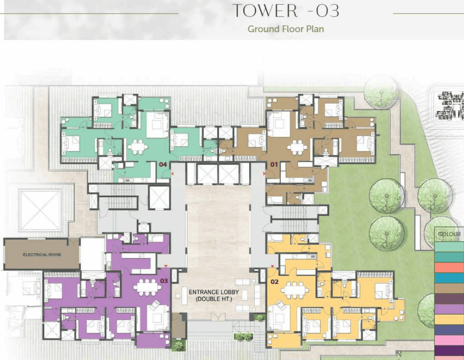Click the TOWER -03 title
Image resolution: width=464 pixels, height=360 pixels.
point(286,11)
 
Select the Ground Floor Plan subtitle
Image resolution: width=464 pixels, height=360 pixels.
point(286,29)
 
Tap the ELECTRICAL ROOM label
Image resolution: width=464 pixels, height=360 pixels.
point(42,255)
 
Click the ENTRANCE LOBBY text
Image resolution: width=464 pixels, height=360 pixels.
point(214,292)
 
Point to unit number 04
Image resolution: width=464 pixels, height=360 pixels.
point(163,164)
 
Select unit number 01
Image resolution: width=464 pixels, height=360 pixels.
point(274,164)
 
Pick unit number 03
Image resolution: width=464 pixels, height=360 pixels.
point(164,281)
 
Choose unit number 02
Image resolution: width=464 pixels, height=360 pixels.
point(274,282)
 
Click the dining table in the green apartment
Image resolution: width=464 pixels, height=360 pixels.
point(138,147)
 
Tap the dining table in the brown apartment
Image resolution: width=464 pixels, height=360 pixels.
point(297,147)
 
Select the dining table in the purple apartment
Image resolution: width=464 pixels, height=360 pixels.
point(147,287)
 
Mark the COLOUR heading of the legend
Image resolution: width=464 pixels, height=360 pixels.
point(449,234)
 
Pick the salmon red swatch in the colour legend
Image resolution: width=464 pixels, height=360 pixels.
point(449,267)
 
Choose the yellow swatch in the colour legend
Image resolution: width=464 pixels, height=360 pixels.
point(449,320)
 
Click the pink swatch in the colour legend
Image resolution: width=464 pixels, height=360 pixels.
point(449,340)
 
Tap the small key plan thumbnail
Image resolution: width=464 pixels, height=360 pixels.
point(450,105)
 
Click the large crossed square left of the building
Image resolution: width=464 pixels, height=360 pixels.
point(40,210)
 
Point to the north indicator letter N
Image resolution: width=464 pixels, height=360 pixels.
point(399,354)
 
